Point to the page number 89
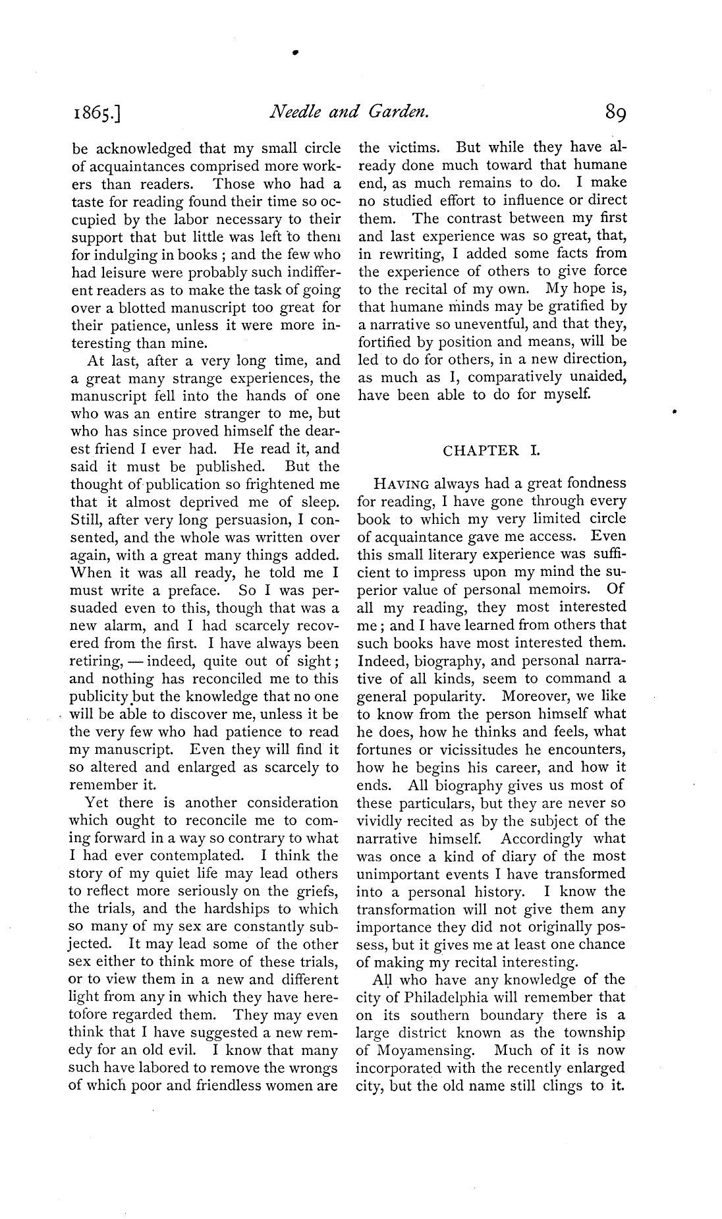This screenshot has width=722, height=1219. (611, 115)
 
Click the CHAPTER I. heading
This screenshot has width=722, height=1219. (491, 451)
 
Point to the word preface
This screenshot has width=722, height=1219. (189, 591)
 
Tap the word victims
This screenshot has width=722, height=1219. (418, 148)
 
